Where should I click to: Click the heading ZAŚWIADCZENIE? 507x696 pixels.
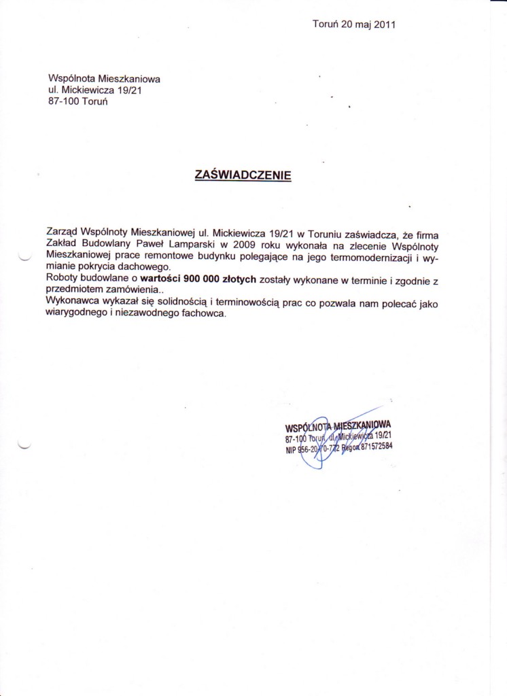[243, 175]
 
